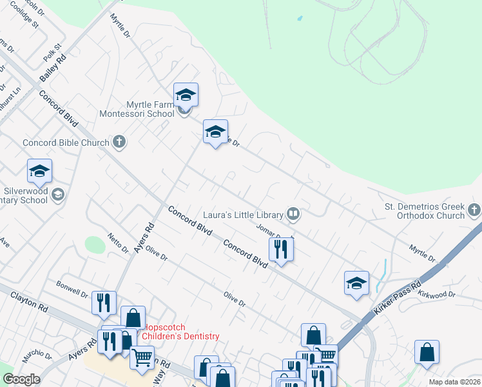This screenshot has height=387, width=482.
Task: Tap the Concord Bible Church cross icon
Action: click(119, 141)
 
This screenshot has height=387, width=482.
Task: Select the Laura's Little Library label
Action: click(243, 214)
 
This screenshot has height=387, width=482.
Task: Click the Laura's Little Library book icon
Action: click(293, 213)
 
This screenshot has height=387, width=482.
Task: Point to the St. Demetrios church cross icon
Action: click(474, 210)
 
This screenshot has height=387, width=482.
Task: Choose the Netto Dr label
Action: click(118, 243)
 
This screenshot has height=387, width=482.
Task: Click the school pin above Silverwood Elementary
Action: click(39, 172)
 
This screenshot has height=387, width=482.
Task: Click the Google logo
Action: click(21, 379)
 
